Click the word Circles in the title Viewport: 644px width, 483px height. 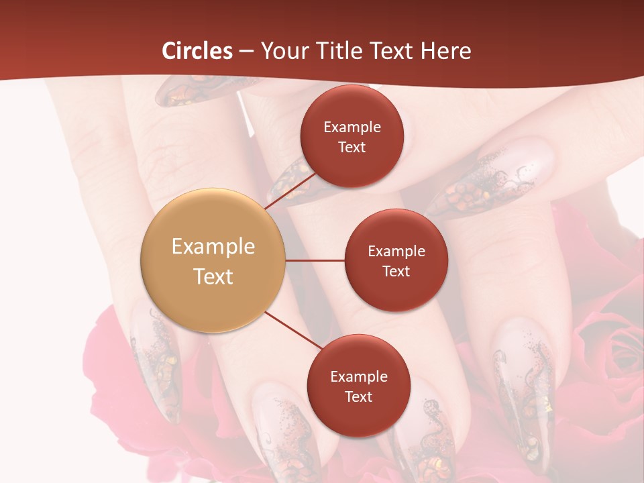197,51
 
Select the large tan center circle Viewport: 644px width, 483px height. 213,260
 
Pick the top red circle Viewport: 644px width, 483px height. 352,137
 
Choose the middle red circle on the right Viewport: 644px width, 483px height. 396,260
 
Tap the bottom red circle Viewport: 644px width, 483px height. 358,386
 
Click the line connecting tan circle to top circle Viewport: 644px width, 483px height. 290,191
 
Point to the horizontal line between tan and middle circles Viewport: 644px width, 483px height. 315,260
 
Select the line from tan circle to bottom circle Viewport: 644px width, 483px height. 293,331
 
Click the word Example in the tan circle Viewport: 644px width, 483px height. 213,246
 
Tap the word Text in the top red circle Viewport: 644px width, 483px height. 352,148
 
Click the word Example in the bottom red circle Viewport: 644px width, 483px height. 358,376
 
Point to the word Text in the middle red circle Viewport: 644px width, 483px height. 396,271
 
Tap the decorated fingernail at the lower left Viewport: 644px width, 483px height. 156,362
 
